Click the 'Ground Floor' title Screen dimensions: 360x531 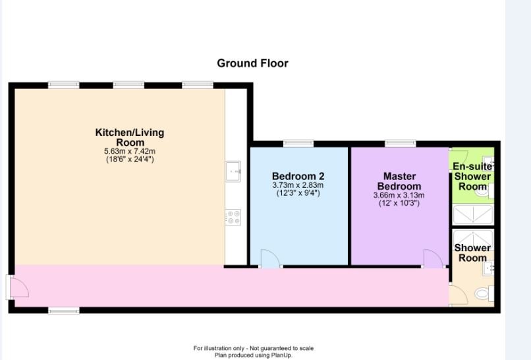click(x=252, y=63)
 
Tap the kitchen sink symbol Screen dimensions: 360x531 click(x=233, y=171)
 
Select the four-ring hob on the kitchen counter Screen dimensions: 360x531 click(x=233, y=216)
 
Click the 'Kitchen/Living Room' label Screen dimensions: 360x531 click(x=130, y=137)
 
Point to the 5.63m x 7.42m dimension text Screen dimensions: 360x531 click(x=130, y=151)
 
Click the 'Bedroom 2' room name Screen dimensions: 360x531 click(x=298, y=176)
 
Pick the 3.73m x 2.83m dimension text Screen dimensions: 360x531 click(x=298, y=185)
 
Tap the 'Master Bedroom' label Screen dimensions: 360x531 click(x=399, y=181)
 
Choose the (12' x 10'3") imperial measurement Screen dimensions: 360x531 click(x=399, y=203)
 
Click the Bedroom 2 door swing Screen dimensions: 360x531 click(x=271, y=258)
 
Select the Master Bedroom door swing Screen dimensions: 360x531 click(x=433, y=258)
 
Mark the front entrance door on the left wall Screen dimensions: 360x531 click(x=17, y=287)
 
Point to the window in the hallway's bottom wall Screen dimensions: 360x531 click(x=63, y=311)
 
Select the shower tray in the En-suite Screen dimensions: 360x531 click(x=472, y=214)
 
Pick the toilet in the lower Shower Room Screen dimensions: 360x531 click(x=484, y=294)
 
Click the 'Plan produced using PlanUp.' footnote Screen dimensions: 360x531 click(x=253, y=355)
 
